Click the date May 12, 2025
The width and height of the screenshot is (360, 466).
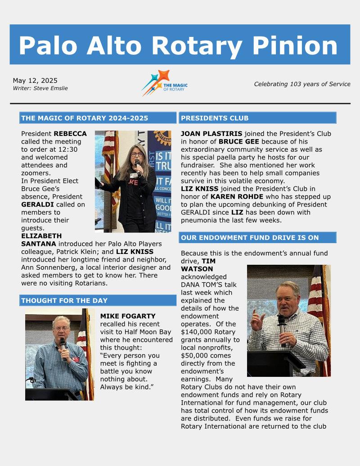[35, 81]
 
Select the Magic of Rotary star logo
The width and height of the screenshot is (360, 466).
[156, 82]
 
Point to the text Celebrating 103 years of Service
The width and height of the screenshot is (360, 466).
[302, 84]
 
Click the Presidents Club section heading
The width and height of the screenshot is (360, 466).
[215, 118]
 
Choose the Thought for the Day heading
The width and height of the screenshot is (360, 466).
[64, 300]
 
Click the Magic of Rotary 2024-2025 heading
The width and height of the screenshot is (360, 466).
[85, 118]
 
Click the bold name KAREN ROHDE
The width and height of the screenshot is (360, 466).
[233, 197]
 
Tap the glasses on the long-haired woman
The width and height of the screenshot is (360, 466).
[137, 154]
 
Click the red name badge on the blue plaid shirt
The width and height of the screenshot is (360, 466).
[76, 360]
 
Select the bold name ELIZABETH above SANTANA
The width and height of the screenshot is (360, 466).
[41, 235]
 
